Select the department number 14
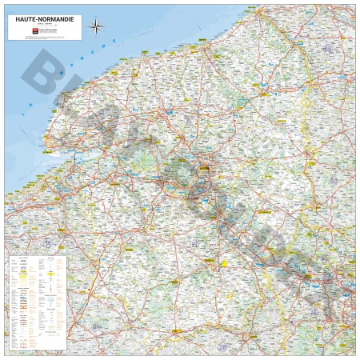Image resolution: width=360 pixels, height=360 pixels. pos(48,242)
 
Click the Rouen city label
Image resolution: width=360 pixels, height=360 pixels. pos(205,169)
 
